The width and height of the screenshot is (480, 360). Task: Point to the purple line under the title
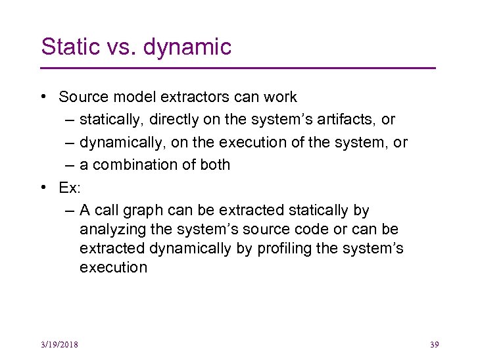pos(238,68)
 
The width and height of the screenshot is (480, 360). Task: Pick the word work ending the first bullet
pos(279,97)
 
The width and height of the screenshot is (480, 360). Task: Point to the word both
pos(215,165)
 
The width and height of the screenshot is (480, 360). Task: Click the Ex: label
pos(70,188)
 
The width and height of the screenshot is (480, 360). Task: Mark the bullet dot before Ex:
pos(43,188)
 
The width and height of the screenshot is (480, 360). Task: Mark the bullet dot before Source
pos(43,97)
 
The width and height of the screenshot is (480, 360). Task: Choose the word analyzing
pos(107,230)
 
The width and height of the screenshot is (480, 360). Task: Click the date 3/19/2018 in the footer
pos(59,344)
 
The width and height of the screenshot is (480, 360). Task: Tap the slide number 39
pos(433,344)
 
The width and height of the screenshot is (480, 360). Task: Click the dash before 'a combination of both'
pos(70,165)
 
